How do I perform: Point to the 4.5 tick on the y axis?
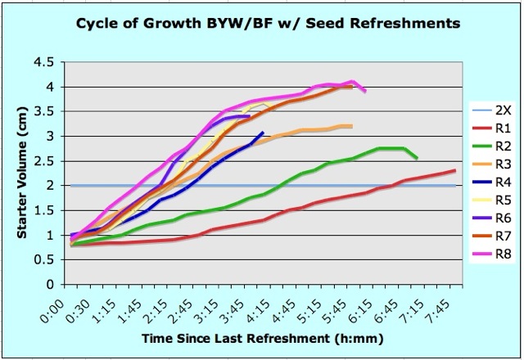click(51, 62)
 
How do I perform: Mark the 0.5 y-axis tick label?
click(51, 260)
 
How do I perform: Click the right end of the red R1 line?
click(455, 170)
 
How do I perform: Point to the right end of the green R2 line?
click(417, 158)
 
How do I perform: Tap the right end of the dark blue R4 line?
click(263, 133)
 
